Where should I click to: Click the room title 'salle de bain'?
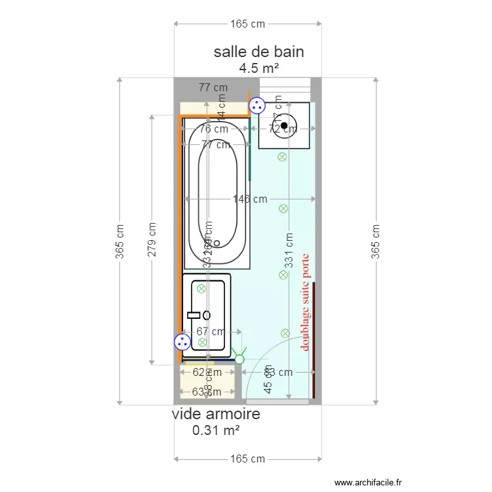click(258, 52)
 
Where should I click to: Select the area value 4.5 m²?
click(258, 68)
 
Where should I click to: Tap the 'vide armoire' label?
click(216, 414)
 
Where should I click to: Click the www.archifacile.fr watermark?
click(369, 482)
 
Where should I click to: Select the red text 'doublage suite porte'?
click(304, 302)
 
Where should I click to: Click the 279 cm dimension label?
click(152, 239)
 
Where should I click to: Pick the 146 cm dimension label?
click(250, 199)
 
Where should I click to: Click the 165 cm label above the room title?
click(247, 24)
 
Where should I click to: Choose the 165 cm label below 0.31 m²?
click(247, 459)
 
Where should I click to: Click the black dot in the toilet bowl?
click(284, 125)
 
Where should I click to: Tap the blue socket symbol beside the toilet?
click(256, 105)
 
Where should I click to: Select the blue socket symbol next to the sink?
click(182, 341)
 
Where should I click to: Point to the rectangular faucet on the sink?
click(194, 315)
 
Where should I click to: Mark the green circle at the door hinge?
click(239, 359)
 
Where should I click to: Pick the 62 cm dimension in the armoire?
click(206, 373)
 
